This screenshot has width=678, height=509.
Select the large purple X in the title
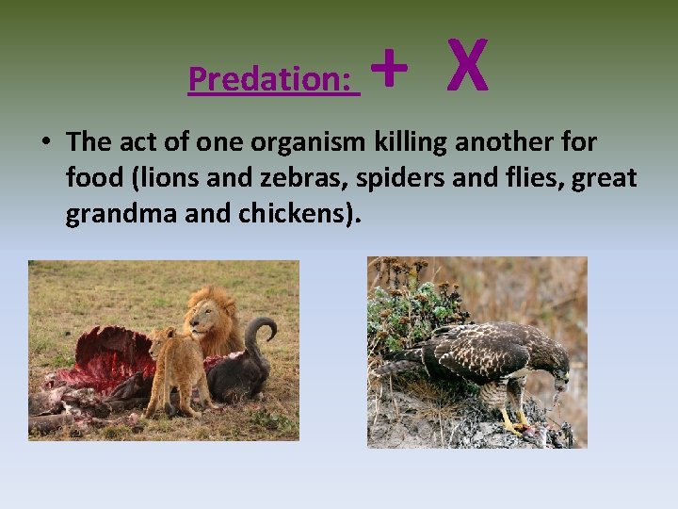(x=467, y=66)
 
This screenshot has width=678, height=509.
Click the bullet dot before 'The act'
(x=45, y=142)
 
